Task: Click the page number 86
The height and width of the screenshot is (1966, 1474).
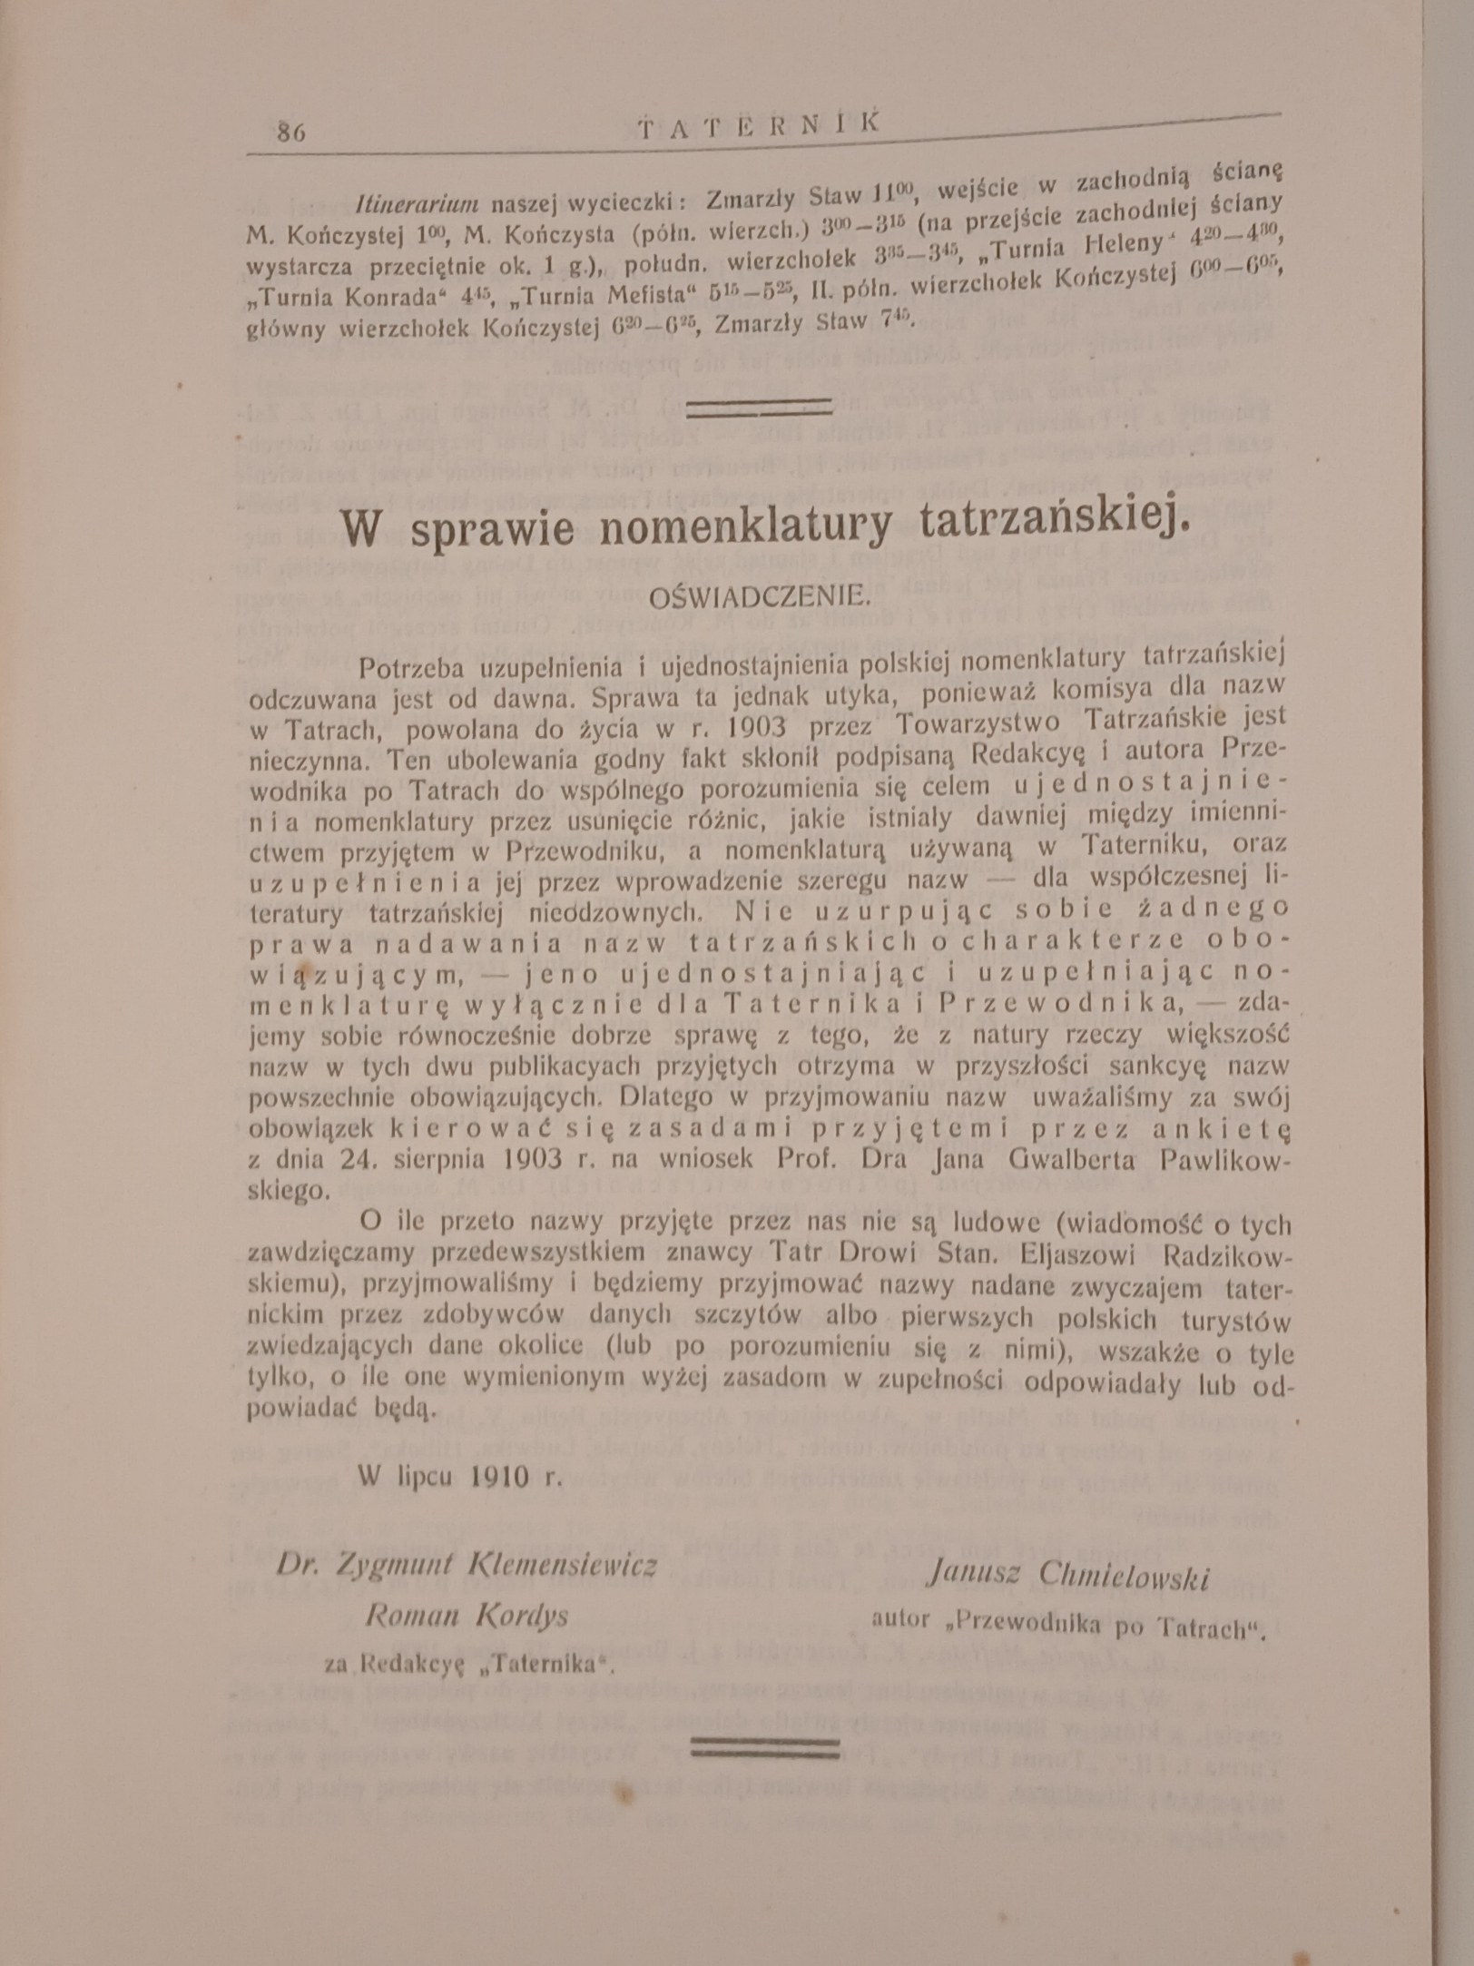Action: pyautogui.click(x=291, y=130)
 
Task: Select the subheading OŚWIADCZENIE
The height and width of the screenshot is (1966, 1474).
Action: pyautogui.click(x=757, y=597)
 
